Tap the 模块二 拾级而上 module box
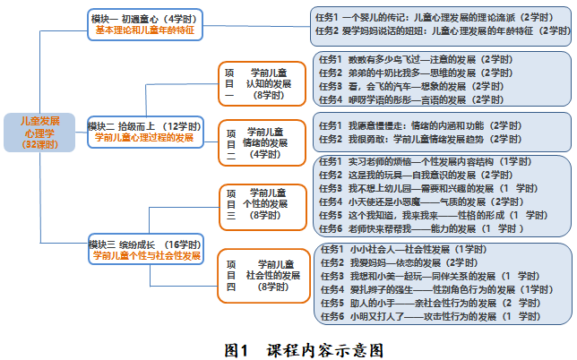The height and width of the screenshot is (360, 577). (143, 132)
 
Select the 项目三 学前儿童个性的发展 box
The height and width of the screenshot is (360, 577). (258, 203)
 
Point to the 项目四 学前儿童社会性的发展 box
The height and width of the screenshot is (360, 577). (258, 275)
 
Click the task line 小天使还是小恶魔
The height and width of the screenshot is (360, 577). (420, 202)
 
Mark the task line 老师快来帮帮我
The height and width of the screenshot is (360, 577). (422, 229)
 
